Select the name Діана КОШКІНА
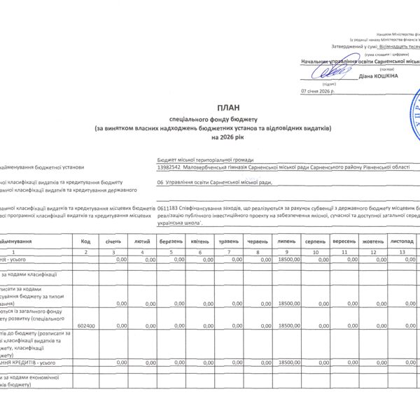(x=379, y=76)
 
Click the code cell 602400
(x=85, y=325)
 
